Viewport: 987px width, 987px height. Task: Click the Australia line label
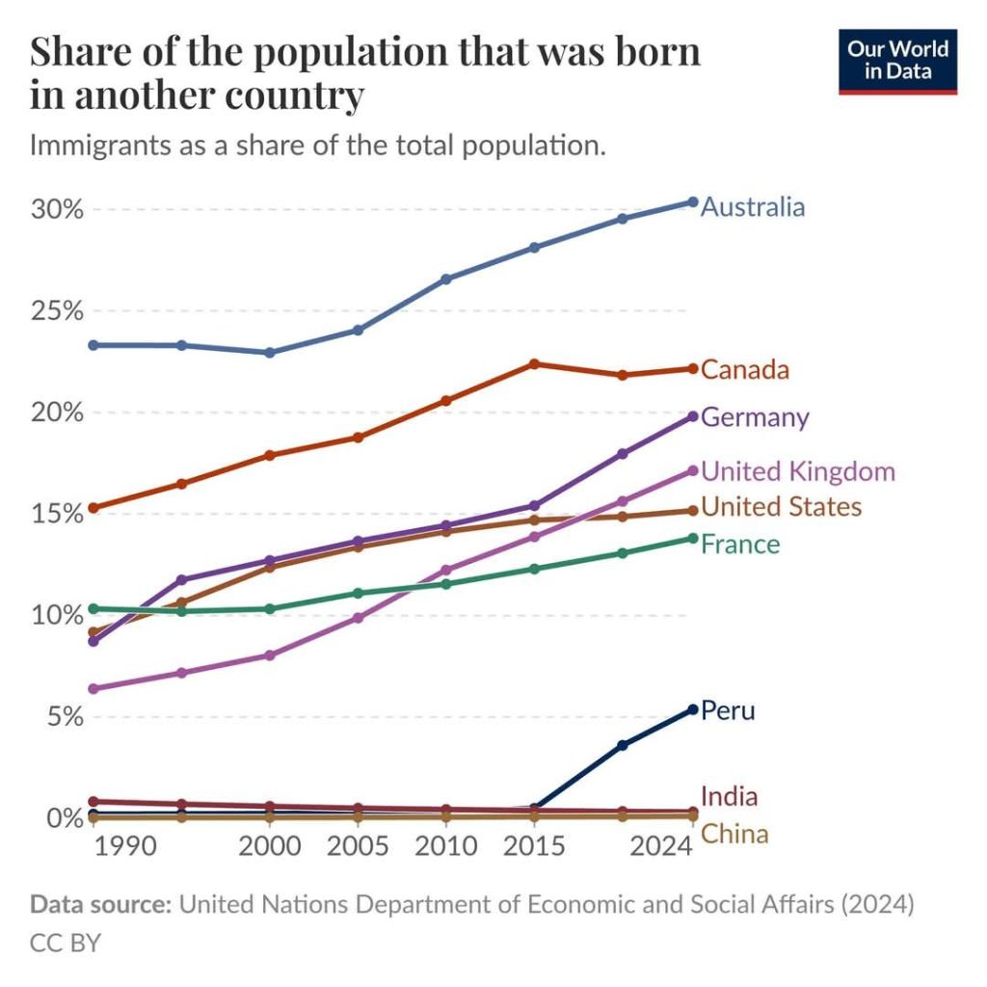click(x=752, y=207)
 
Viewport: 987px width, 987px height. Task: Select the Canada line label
click(x=745, y=370)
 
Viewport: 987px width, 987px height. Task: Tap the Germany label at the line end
click(x=755, y=417)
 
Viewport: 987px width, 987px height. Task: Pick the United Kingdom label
click(x=798, y=471)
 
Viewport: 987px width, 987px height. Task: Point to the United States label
click(x=781, y=507)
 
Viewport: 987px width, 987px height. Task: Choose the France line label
click(x=740, y=545)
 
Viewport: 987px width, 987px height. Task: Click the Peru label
click(x=728, y=711)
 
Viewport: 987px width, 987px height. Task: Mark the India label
click(x=729, y=797)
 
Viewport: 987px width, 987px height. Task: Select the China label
click(x=734, y=834)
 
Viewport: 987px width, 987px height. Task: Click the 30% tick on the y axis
click(x=57, y=209)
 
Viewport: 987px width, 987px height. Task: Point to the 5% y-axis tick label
click(x=64, y=717)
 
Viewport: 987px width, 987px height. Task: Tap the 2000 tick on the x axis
click(x=270, y=846)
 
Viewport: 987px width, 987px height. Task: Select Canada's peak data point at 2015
click(x=534, y=364)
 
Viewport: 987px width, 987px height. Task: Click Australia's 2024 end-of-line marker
click(x=692, y=202)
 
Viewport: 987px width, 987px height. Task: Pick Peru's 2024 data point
click(x=692, y=710)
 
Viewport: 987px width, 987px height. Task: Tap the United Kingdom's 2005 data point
click(x=358, y=618)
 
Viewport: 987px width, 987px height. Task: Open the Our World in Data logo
click(x=896, y=60)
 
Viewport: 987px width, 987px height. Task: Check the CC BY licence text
click(x=65, y=943)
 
